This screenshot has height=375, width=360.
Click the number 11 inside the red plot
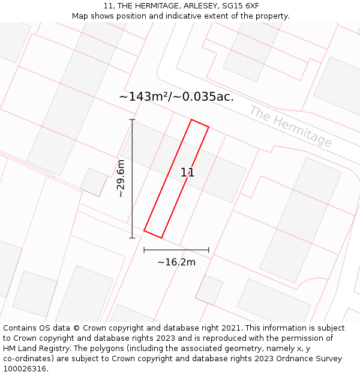click(x=187, y=173)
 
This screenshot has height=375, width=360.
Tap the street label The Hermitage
click(x=290, y=127)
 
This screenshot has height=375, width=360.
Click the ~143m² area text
click(x=144, y=97)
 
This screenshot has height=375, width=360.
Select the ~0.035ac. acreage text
click(x=204, y=97)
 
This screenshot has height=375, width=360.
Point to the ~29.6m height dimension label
click(x=121, y=179)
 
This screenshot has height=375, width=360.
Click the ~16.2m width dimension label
click(x=176, y=262)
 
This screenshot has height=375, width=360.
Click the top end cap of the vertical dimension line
click(x=132, y=120)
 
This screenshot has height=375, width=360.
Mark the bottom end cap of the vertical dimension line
click(x=132, y=238)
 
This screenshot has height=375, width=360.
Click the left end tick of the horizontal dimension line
click(x=144, y=250)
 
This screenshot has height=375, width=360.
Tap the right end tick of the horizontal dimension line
click(x=209, y=250)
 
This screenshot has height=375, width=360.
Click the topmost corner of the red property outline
click(x=191, y=120)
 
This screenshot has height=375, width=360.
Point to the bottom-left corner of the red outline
click(x=145, y=230)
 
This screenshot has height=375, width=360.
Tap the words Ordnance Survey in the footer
click(x=308, y=359)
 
